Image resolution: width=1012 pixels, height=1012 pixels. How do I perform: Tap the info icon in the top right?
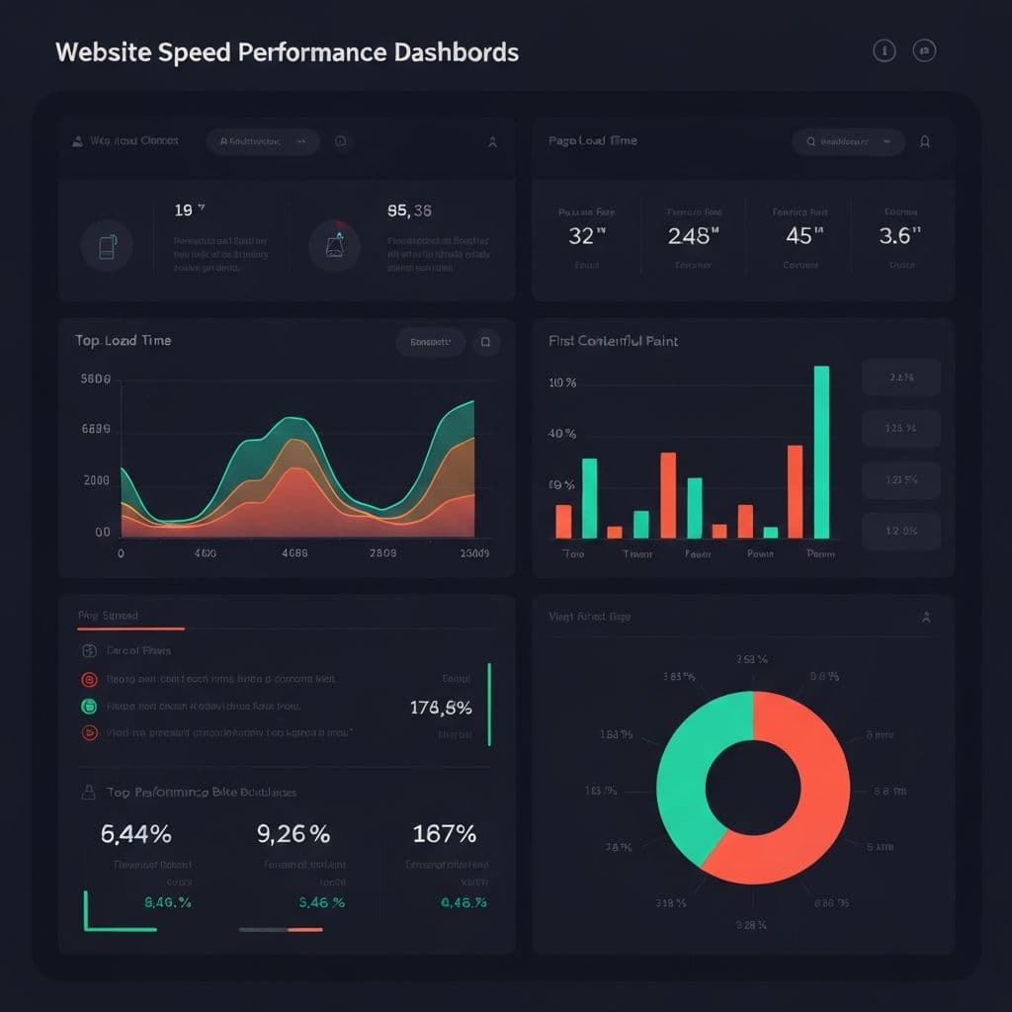pyautogui.click(x=884, y=51)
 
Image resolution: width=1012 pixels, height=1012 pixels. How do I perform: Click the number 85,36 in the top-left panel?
pyautogui.click(x=409, y=211)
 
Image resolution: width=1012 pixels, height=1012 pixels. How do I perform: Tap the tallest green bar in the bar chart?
pyautogui.click(x=820, y=452)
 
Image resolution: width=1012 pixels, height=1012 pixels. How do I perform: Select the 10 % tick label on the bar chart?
pyautogui.click(x=561, y=382)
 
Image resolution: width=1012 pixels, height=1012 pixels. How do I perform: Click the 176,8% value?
pyautogui.click(x=440, y=708)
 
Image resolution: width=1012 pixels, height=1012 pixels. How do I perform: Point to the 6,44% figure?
pyautogui.click(x=136, y=834)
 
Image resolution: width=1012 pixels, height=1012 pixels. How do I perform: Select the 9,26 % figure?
pyautogui.click(x=294, y=834)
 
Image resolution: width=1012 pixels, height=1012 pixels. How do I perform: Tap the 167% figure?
pyautogui.click(x=445, y=834)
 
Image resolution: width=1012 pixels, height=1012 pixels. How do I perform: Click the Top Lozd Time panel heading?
pyautogui.click(x=123, y=340)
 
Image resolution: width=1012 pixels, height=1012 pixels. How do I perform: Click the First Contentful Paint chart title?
pyautogui.click(x=613, y=341)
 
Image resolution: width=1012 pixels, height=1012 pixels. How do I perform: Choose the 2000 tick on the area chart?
pyautogui.click(x=97, y=481)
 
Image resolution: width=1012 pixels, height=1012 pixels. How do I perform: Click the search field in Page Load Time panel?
pyautogui.click(x=848, y=141)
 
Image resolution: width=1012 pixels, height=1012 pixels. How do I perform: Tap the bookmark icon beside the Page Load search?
pyautogui.click(x=925, y=141)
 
